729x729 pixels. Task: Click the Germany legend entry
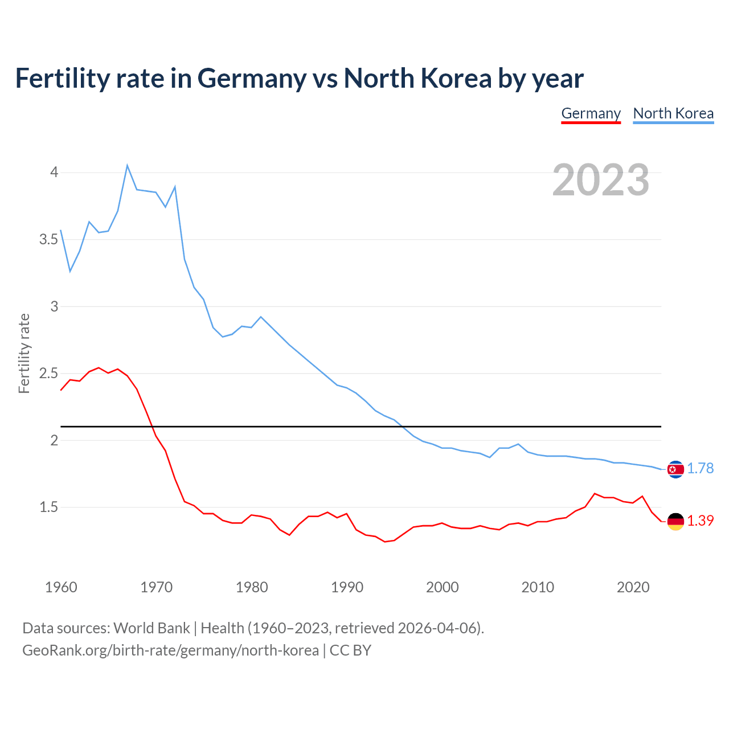point(591,113)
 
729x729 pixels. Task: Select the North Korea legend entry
point(673,113)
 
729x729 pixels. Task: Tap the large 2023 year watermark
point(601,180)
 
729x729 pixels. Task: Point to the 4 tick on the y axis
point(54,172)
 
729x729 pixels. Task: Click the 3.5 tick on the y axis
point(48,239)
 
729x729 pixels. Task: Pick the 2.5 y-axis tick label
point(48,373)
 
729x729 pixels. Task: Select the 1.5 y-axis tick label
point(48,507)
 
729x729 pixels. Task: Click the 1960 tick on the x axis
point(61,587)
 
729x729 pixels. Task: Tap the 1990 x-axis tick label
point(347,587)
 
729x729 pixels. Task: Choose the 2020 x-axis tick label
point(633,587)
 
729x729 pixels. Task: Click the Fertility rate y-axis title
point(24,353)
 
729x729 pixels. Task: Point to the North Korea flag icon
point(675,469)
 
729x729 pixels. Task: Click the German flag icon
point(675,521)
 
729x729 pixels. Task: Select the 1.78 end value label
point(700,468)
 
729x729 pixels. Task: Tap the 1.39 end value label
point(700,521)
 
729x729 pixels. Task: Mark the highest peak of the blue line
point(127,166)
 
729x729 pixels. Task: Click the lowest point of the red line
point(385,542)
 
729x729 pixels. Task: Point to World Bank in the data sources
point(151,628)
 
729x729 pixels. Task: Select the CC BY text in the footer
point(350,650)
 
